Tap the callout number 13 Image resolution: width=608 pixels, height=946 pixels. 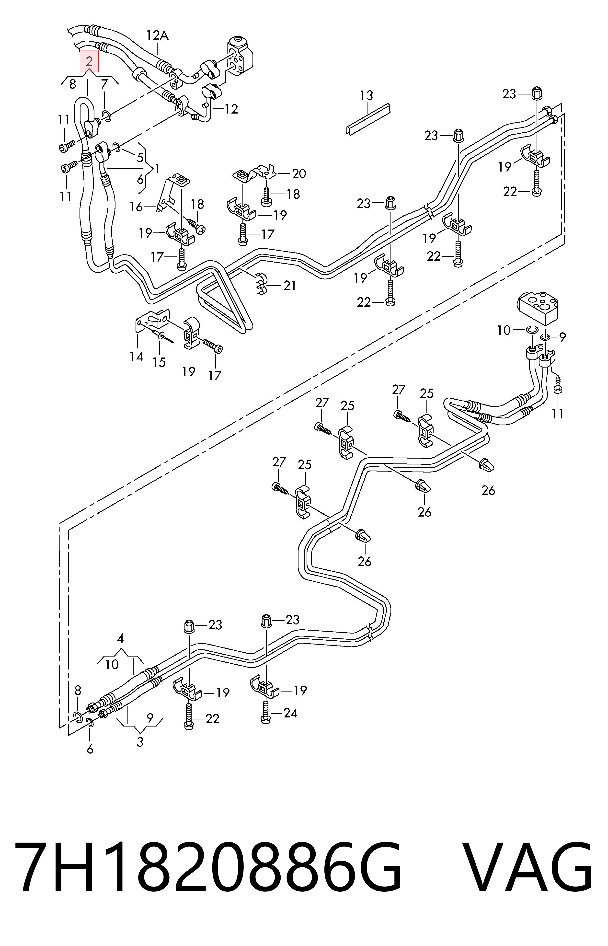click(x=366, y=95)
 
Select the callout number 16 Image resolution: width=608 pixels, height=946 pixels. click(x=136, y=207)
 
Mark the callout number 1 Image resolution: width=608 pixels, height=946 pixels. click(x=157, y=169)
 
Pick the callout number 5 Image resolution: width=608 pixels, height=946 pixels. click(x=140, y=158)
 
